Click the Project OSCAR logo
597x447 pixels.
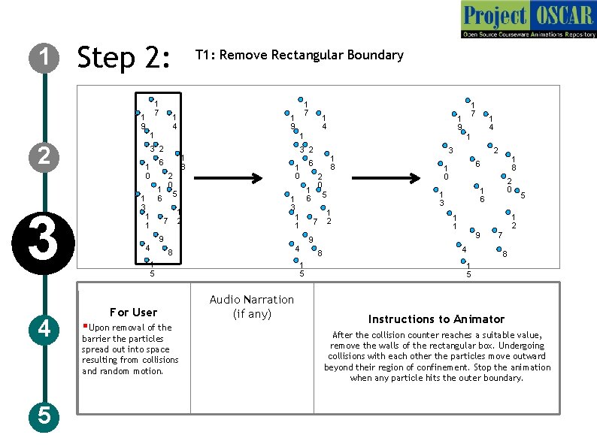527,20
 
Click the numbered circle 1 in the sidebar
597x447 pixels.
46,56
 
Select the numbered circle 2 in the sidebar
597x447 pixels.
46,156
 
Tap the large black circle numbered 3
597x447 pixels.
46,240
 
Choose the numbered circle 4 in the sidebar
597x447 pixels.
46,328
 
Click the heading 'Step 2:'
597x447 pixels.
125,57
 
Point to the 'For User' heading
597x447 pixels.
133,312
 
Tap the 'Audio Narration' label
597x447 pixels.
252,300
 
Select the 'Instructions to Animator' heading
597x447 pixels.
436,319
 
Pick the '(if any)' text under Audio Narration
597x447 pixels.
252,314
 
